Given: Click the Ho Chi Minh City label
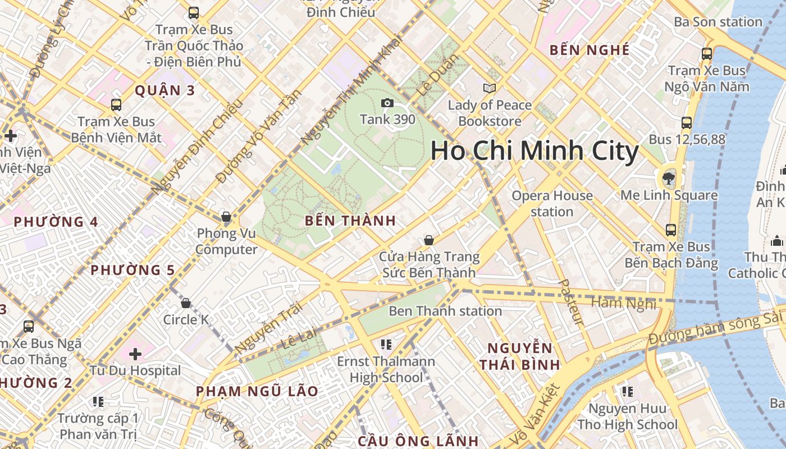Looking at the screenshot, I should pyautogui.click(x=534, y=152).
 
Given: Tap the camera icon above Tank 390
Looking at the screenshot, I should pyautogui.click(x=387, y=103).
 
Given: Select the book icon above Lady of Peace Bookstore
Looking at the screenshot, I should pyautogui.click(x=490, y=88).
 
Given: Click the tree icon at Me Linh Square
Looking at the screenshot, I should pyautogui.click(x=668, y=178).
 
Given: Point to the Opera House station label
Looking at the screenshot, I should pyautogui.click(x=552, y=203).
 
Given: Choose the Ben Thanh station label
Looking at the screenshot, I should pyautogui.click(x=445, y=311).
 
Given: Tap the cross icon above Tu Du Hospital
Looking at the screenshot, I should pyautogui.click(x=135, y=354).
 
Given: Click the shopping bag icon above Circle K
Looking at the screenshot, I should pyautogui.click(x=186, y=304).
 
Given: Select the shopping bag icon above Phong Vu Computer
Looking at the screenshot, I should pyautogui.click(x=226, y=217).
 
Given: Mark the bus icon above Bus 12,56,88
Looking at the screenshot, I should pyautogui.click(x=686, y=123).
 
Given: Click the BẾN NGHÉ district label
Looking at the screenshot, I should pyautogui.click(x=589, y=50).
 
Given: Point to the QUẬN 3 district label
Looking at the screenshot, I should pyautogui.click(x=165, y=90).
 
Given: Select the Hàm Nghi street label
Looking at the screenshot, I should pyautogui.click(x=624, y=304).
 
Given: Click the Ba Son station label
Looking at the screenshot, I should pyautogui.click(x=718, y=22).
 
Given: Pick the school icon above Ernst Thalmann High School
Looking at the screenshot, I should pyautogui.click(x=386, y=344).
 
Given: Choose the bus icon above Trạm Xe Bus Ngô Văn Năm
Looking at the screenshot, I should pyautogui.click(x=707, y=54).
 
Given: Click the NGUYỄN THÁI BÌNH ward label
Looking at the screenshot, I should pyautogui.click(x=520, y=356).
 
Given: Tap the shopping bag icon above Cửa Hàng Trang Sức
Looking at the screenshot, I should pyautogui.click(x=429, y=240).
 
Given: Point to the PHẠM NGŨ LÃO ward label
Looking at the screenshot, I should pyautogui.click(x=257, y=391).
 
